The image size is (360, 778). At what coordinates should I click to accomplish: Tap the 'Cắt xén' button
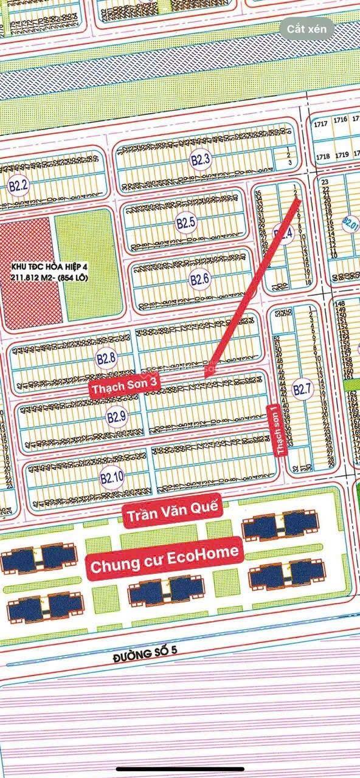(x=307, y=29)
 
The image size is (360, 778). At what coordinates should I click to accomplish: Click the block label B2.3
(x=201, y=160)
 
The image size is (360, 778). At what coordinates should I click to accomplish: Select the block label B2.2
(x=18, y=186)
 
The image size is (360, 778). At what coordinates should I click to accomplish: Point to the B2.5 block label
(x=185, y=222)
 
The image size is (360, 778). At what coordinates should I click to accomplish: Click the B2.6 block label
(x=199, y=280)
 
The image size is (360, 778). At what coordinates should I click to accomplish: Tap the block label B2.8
(x=106, y=359)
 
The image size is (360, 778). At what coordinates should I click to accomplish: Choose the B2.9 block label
(x=116, y=417)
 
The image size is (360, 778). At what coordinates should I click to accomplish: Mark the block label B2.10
(x=112, y=477)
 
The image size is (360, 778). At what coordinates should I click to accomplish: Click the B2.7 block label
(x=302, y=390)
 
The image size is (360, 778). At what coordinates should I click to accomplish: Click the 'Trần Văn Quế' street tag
(x=172, y=515)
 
